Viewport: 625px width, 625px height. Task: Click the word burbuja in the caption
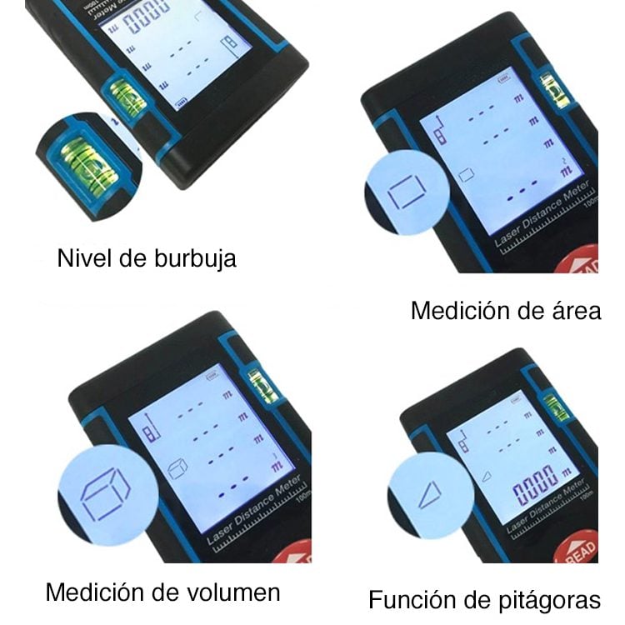pos(194,258)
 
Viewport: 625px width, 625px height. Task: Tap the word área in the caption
pos(575,312)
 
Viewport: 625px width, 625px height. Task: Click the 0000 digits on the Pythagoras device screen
pos(533,492)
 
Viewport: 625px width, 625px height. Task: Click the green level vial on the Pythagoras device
pos(556,407)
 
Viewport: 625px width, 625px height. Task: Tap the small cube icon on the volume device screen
pos(176,468)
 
